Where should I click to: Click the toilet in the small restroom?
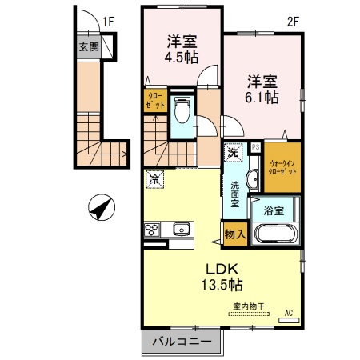coord(181,110)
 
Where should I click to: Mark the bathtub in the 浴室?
coord(275,236)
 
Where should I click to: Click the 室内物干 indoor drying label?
coord(250,306)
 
